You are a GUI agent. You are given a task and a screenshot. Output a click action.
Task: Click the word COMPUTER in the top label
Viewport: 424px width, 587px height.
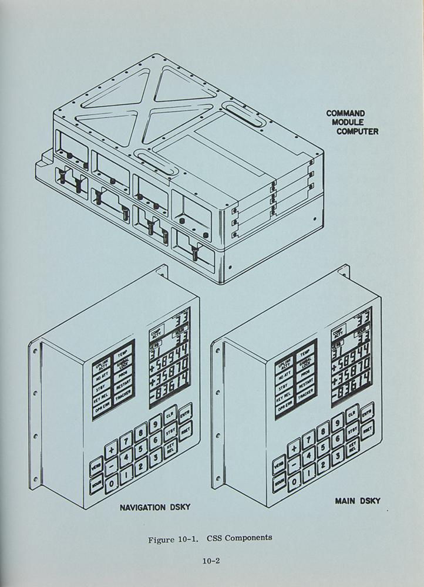[357, 131]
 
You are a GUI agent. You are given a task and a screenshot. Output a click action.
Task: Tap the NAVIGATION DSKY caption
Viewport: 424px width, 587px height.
[155, 507]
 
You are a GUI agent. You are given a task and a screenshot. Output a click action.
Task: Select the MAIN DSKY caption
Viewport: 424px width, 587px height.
[358, 501]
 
